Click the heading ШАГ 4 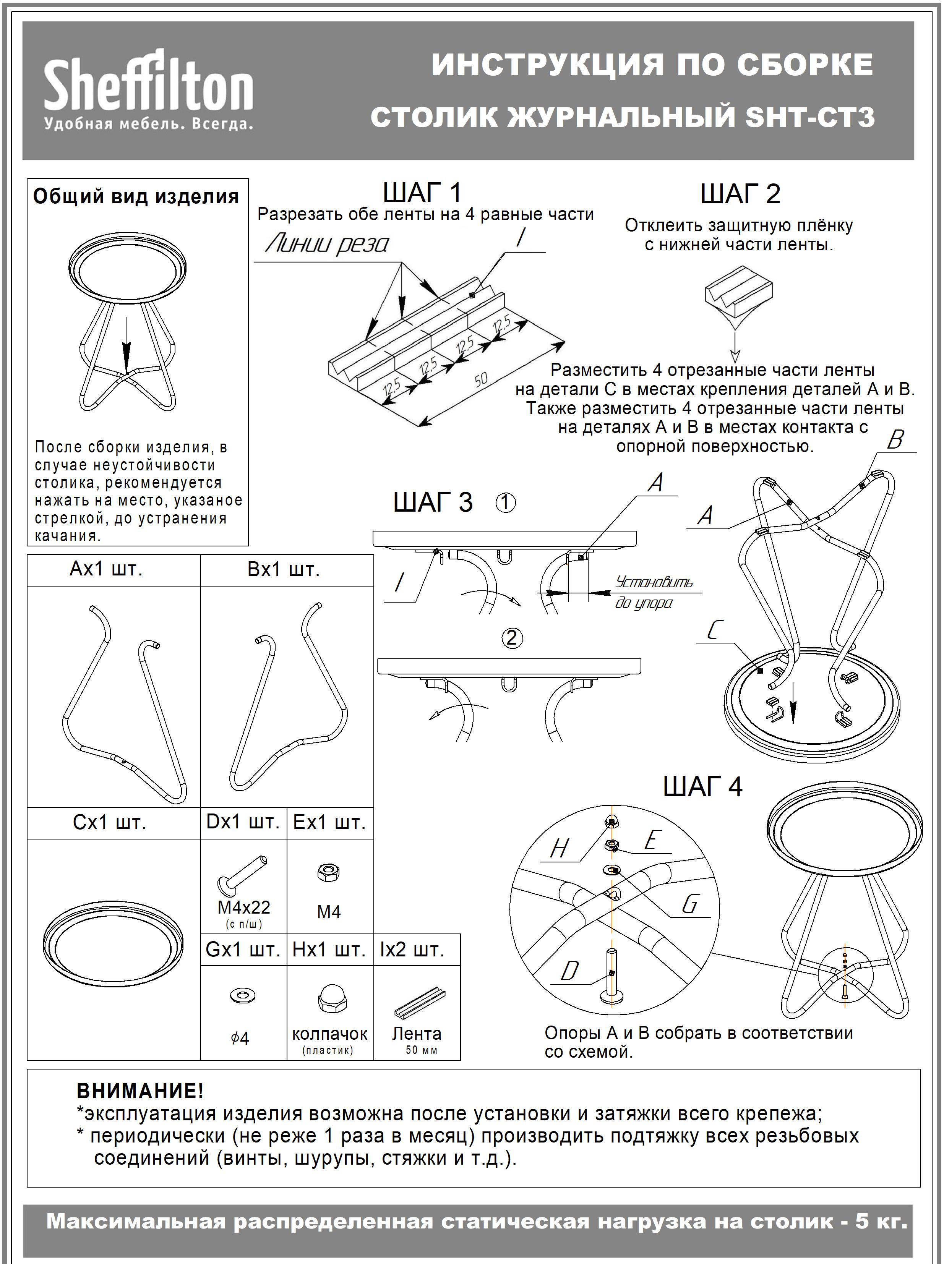tap(702, 786)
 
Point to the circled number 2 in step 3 tap(511, 637)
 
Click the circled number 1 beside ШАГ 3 tap(505, 502)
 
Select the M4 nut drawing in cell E tap(329, 872)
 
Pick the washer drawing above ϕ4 tap(242, 995)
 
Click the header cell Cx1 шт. tap(110, 823)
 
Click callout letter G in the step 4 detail tap(690, 904)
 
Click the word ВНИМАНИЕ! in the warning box tap(140, 1091)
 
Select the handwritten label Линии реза tap(327, 245)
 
